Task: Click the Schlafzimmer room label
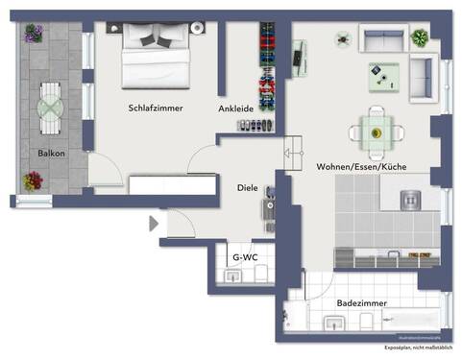pyautogui.click(x=155, y=108)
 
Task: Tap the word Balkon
pyautogui.click(x=51, y=153)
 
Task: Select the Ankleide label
pyautogui.click(x=236, y=108)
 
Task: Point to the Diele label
pyautogui.click(x=248, y=188)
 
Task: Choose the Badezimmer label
pyautogui.click(x=362, y=302)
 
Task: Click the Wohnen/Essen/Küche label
pyautogui.click(x=361, y=167)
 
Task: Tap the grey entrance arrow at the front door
pyautogui.click(x=153, y=224)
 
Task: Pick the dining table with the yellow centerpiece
pyautogui.click(x=377, y=134)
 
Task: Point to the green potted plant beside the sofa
pyautogui.click(x=419, y=38)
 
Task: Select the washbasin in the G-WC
pyautogui.click(x=232, y=276)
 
